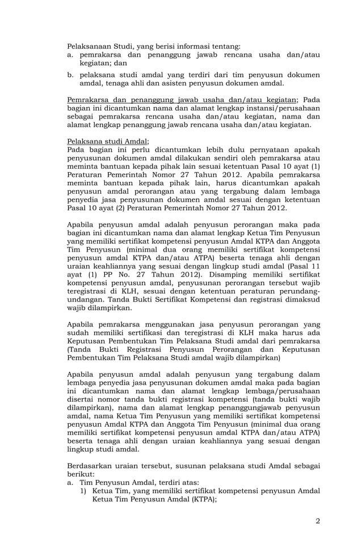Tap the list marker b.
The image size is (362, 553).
point(70,74)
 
